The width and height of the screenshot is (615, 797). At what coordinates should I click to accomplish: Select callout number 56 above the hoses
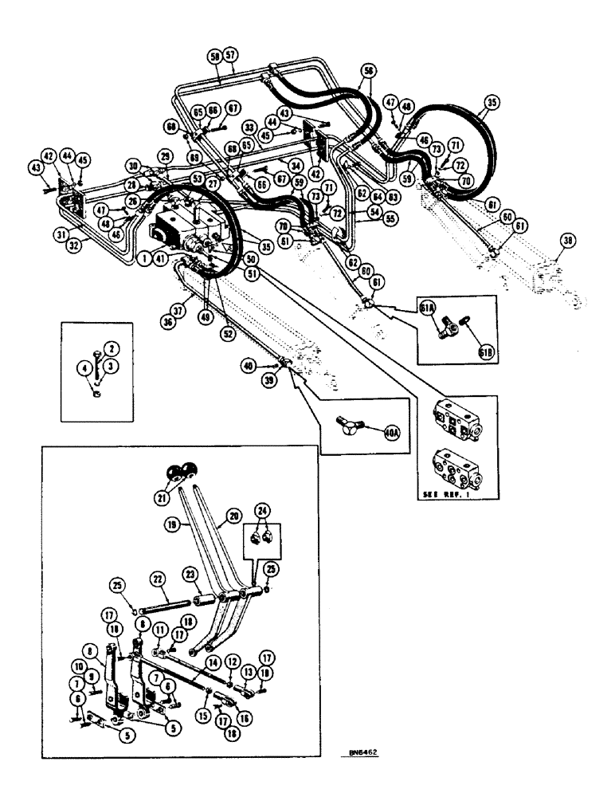tap(367, 70)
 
